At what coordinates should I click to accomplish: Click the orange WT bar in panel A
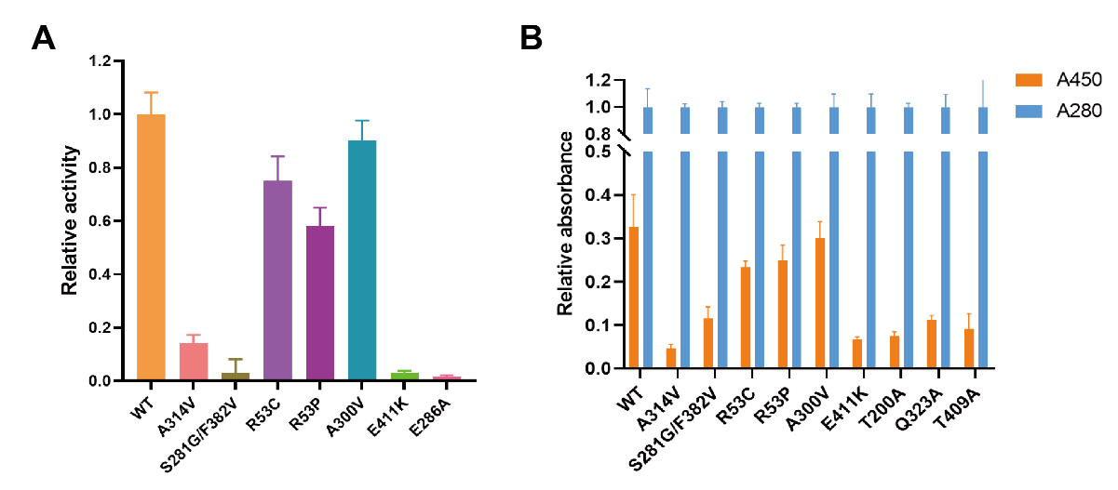point(151,246)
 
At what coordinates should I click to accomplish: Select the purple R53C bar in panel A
point(277,280)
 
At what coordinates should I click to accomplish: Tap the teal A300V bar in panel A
point(363,260)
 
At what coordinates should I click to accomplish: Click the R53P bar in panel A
point(320,303)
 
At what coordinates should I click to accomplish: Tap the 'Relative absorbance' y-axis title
point(565,223)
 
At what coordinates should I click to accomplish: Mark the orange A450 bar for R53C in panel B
point(746,318)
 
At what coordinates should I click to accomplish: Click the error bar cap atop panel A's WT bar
point(151,92)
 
